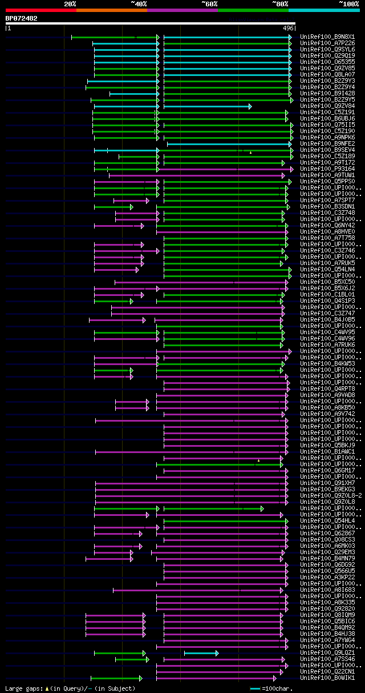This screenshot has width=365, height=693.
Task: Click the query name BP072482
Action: tap(22, 18)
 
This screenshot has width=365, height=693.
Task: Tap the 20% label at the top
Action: tap(70, 4)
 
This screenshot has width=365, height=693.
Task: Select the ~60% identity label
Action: tap(209, 4)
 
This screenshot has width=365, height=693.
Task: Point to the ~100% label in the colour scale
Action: tap(349, 4)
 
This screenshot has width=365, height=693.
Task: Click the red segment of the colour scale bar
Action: tap(40, 10)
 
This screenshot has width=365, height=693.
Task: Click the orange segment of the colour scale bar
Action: tap(111, 10)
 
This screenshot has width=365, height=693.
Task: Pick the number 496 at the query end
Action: tap(288, 28)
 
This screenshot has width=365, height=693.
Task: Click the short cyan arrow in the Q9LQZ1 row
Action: tap(201, 652)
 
